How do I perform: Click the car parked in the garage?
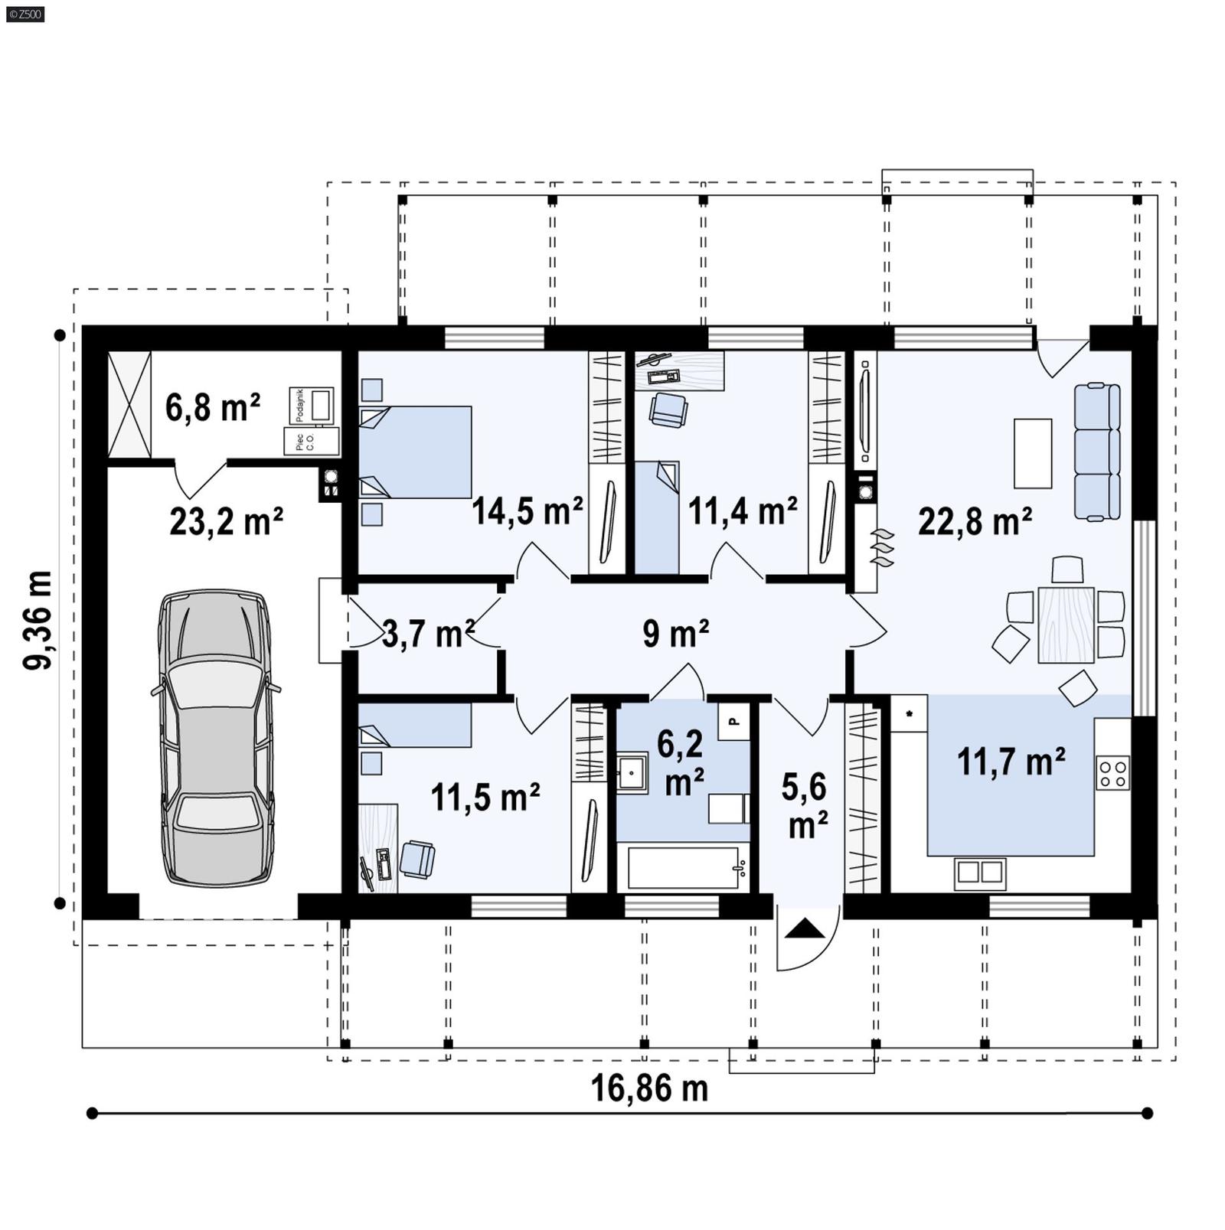tap(217, 739)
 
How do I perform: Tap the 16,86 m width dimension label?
tap(649, 1088)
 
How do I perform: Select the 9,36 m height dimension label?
tap(38, 620)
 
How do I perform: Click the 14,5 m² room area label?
tap(527, 511)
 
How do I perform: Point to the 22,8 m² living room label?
tap(974, 523)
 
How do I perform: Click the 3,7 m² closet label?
tap(426, 635)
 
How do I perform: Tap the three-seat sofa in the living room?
tap(1097, 452)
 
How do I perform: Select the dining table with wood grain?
tap(1066, 624)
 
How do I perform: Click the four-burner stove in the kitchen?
tap(1112, 772)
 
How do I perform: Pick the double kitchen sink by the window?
tap(980, 872)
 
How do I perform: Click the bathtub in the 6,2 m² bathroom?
tap(683, 867)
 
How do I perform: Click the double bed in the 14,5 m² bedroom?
tap(415, 452)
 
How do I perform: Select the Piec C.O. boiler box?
tap(312, 442)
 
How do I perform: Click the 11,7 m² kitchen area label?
tap(1011, 762)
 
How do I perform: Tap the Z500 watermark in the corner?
tap(24, 13)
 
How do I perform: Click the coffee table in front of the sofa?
tap(1032, 452)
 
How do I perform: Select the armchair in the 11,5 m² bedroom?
tap(417, 859)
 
